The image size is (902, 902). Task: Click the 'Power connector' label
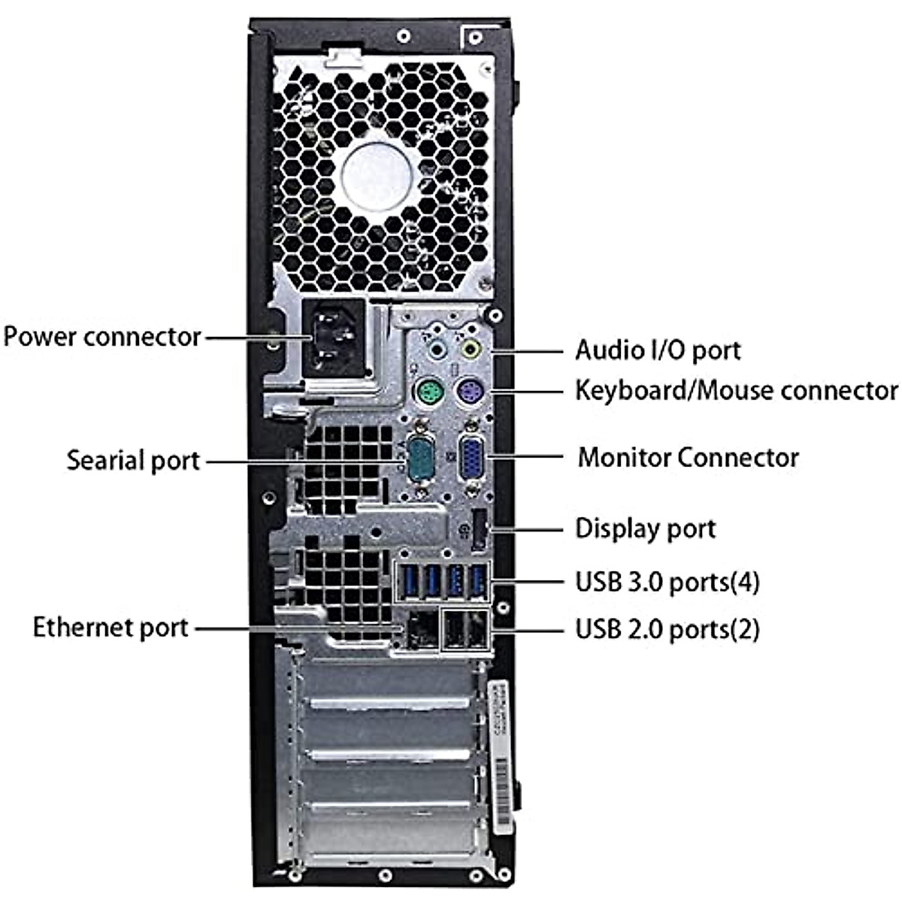click(x=102, y=336)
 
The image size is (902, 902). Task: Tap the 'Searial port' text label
click(x=133, y=460)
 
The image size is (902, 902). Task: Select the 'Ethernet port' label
click(x=110, y=627)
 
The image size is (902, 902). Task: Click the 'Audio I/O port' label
click(x=658, y=350)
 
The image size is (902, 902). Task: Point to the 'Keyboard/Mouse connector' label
click(x=736, y=390)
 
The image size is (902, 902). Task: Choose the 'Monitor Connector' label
click(x=688, y=457)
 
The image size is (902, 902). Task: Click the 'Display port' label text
click(x=645, y=528)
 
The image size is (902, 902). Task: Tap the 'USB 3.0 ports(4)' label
click(x=667, y=582)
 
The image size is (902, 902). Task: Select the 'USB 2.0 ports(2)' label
click(x=667, y=628)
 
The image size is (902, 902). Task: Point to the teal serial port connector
click(x=419, y=457)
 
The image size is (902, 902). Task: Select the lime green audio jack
click(x=471, y=349)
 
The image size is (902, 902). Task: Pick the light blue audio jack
click(x=437, y=349)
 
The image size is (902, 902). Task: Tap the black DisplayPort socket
click(x=479, y=530)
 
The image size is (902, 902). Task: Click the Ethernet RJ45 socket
click(x=422, y=630)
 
